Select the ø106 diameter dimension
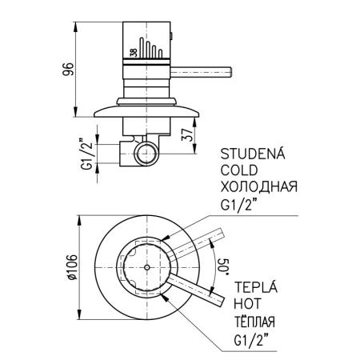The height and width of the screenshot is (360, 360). (x=71, y=266)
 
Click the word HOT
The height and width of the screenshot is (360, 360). (x=246, y=305)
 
